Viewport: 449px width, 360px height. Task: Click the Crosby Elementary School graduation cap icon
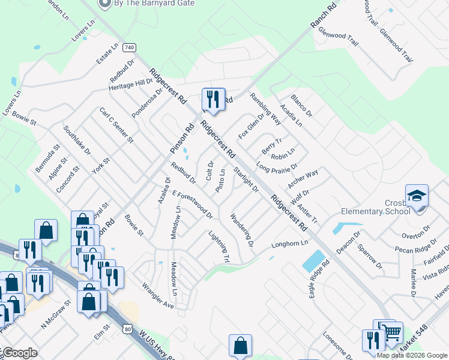(417, 196)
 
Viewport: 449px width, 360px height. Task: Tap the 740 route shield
(128, 47)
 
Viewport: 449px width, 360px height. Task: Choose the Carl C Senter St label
(116, 125)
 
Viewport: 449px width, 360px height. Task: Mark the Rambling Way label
(265, 109)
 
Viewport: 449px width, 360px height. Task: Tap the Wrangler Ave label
(158, 296)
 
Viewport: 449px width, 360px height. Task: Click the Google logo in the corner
(20, 353)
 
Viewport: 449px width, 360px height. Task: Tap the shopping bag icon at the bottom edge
(240, 346)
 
